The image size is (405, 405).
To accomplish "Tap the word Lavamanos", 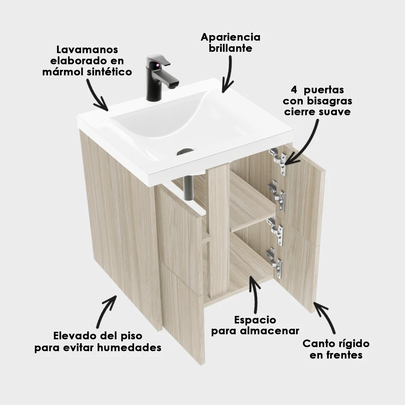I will coord(87,50).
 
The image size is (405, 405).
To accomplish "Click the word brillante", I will coord(231,48).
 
